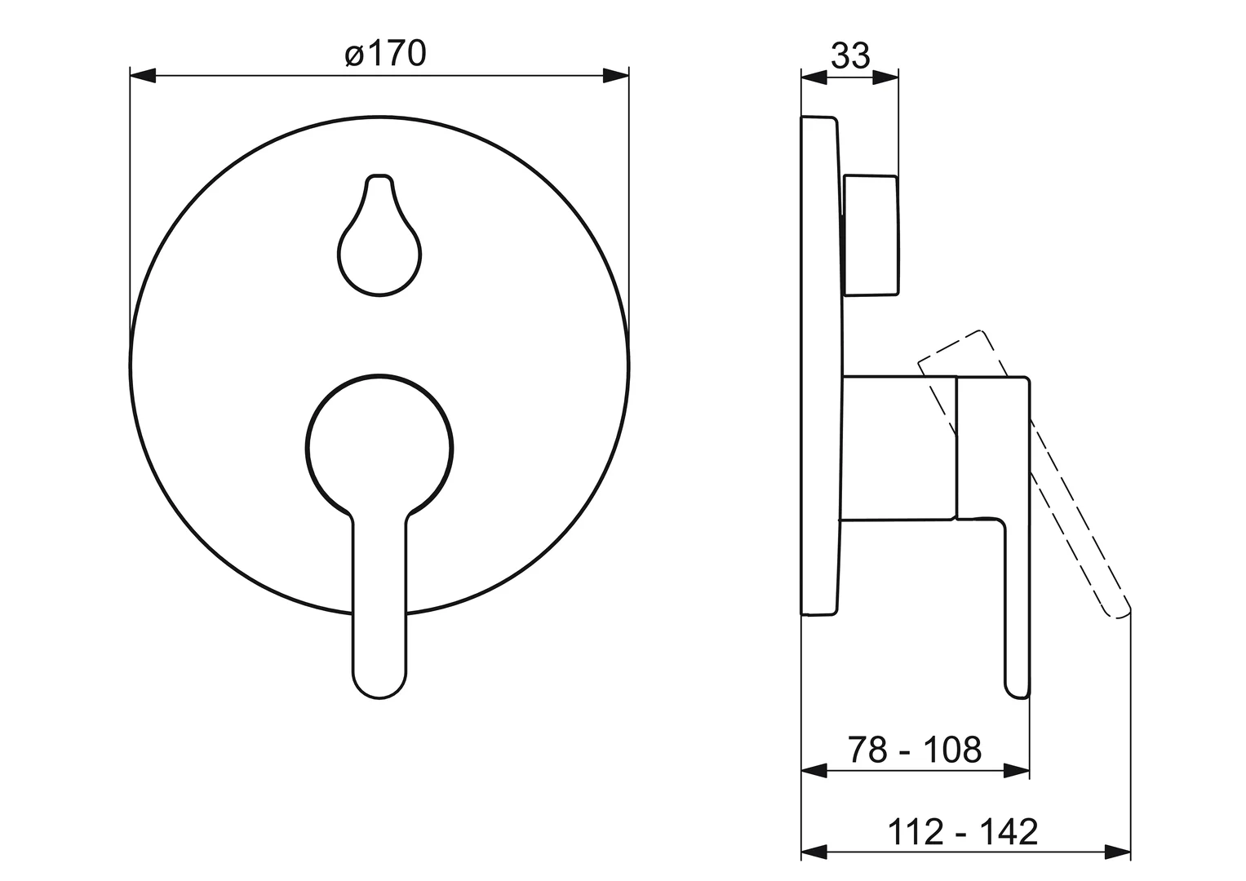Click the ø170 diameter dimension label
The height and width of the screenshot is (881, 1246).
click(x=385, y=53)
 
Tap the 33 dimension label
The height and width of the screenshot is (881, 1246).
click(x=850, y=55)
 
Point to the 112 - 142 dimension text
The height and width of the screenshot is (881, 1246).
click(x=963, y=831)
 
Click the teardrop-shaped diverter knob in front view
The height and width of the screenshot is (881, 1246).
click(x=379, y=235)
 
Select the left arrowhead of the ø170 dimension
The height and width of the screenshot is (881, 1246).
click(x=143, y=76)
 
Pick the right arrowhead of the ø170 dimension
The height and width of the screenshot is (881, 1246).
click(x=616, y=76)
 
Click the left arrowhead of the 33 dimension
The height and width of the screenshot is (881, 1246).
click(x=814, y=77)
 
